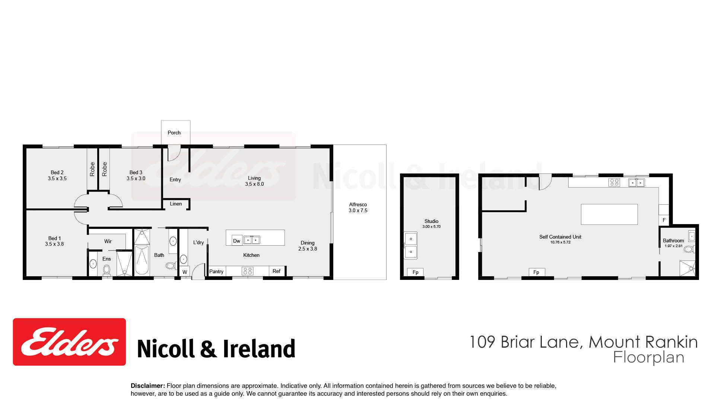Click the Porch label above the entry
pos(174,133)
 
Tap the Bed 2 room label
pos(57,172)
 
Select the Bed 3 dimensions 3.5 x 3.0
pos(136,178)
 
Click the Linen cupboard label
pos(176,204)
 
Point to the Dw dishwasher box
pos(237,240)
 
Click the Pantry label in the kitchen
pos(216,271)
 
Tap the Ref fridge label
pos(276,271)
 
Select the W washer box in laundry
pos(185,271)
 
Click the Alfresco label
pos(358,204)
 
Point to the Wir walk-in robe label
pos(108,241)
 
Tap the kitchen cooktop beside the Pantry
pos(248,271)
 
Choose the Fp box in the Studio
pos(415,272)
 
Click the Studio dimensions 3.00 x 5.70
pos(431,226)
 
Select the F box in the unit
pos(664,220)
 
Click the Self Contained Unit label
pos(560,237)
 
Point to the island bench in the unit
pos(609,214)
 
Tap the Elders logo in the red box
pos(69,342)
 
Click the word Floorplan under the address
pos(649,357)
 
